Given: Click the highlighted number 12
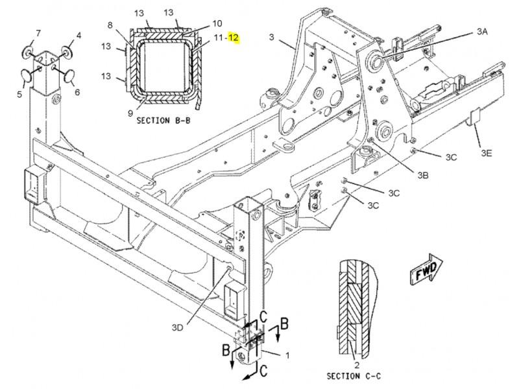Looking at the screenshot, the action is (x=233, y=38).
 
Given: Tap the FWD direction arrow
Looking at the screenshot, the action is (x=426, y=268).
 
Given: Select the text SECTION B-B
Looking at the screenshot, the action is (x=163, y=121).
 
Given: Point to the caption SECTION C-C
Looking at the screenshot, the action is (x=354, y=376).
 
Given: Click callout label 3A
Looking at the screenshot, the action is (x=482, y=31).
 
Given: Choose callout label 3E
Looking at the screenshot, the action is (x=486, y=153).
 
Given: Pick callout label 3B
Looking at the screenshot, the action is (x=423, y=175).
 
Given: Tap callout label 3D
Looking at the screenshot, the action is (x=177, y=327).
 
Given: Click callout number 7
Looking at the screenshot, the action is (x=38, y=33).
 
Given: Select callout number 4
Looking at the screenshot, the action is (x=78, y=36).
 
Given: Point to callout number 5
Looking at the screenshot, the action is (x=19, y=94).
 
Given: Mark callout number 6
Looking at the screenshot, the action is (x=77, y=92).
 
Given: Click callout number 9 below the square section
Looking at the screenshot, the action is (x=130, y=113).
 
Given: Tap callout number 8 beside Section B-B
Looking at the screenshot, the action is (x=110, y=25).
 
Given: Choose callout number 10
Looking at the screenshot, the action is (x=217, y=23).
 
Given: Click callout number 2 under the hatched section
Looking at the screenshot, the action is (x=357, y=365).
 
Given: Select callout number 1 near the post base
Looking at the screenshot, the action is (x=287, y=355).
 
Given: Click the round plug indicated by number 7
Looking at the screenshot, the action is (x=28, y=51).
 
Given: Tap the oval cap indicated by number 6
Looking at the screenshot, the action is (x=69, y=75).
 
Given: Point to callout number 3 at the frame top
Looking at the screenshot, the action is (x=271, y=37).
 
